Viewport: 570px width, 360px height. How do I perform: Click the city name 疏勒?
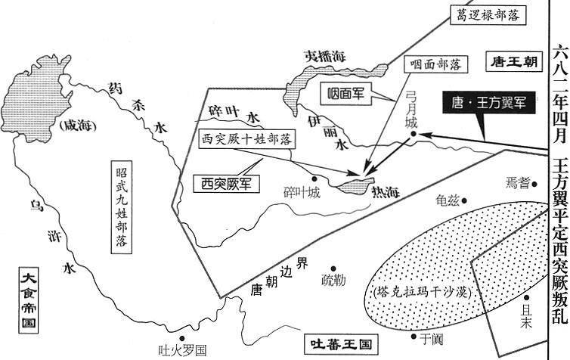point(333,279)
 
